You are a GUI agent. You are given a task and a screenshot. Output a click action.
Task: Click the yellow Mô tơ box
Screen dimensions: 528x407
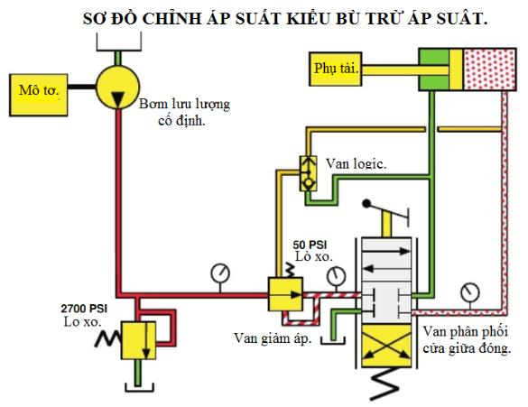point(39,96)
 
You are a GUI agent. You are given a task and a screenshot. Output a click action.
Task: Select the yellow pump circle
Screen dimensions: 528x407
point(118,87)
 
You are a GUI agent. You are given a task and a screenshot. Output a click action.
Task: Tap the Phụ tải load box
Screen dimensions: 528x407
point(336,69)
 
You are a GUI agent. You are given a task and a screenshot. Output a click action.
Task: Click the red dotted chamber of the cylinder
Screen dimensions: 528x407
point(489,69)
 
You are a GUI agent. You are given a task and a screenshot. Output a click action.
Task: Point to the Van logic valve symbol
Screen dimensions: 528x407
point(308,173)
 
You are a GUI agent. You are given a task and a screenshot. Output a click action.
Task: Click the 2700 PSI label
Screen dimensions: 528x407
point(84,309)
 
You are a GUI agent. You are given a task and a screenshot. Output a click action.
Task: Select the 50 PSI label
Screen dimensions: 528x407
point(310,245)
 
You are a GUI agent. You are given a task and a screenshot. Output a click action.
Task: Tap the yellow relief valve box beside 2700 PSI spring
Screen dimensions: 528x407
point(138,340)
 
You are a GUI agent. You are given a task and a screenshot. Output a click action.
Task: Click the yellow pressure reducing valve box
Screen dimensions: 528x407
point(285,294)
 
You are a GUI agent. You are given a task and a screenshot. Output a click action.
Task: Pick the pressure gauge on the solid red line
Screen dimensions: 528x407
point(220,273)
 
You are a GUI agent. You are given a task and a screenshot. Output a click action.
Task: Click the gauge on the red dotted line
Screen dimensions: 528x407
point(470,291)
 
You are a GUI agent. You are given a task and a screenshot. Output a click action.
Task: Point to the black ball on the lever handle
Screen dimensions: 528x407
point(366,204)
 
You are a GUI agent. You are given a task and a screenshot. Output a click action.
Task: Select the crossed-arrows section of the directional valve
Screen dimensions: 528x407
point(386,346)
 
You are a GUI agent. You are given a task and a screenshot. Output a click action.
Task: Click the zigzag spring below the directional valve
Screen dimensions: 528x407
point(384,384)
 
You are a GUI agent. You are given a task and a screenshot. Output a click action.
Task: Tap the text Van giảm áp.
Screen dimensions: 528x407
point(273,338)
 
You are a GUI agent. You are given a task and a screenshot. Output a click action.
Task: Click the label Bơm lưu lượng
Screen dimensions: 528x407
point(184,105)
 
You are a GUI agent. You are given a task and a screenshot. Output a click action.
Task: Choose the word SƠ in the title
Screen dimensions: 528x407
point(93,18)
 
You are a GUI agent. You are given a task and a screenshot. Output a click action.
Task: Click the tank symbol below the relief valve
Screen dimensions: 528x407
point(139,387)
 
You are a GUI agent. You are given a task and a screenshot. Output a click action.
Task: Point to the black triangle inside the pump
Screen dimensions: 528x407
point(118,99)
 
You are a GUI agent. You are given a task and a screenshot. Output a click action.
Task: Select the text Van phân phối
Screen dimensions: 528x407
point(466,331)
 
